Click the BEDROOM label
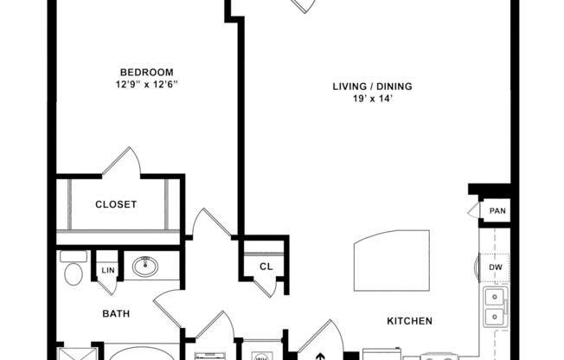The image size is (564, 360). pyautogui.click(x=146, y=72)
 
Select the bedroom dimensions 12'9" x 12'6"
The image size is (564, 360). pyautogui.click(x=146, y=85)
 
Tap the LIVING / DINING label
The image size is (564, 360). pyautogui.click(x=372, y=86)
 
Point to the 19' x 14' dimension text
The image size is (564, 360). pyautogui.click(x=372, y=99)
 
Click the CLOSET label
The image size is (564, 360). pyautogui.click(x=116, y=204)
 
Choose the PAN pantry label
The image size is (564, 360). pyautogui.click(x=497, y=210)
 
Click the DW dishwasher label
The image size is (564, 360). pyautogui.click(x=496, y=267)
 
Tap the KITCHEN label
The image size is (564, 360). pyautogui.click(x=409, y=320)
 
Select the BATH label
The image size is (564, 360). pyautogui.click(x=116, y=313)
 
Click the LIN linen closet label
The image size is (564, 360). pyautogui.click(x=107, y=270)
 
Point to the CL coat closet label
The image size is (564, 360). pyautogui.click(x=266, y=267)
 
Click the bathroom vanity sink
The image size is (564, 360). pyautogui.click(x=144, y=267)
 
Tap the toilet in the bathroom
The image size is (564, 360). pyautogui.click(x=73, y=272)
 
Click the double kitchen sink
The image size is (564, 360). pyautogui.click(x=495, y=306)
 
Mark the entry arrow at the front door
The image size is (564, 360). pyautogui.click(x=320, y=354)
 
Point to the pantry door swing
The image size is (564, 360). pyautogui.click(x=473, y=210)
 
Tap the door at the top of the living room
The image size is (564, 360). pyautogui.click(x=302, y=6)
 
